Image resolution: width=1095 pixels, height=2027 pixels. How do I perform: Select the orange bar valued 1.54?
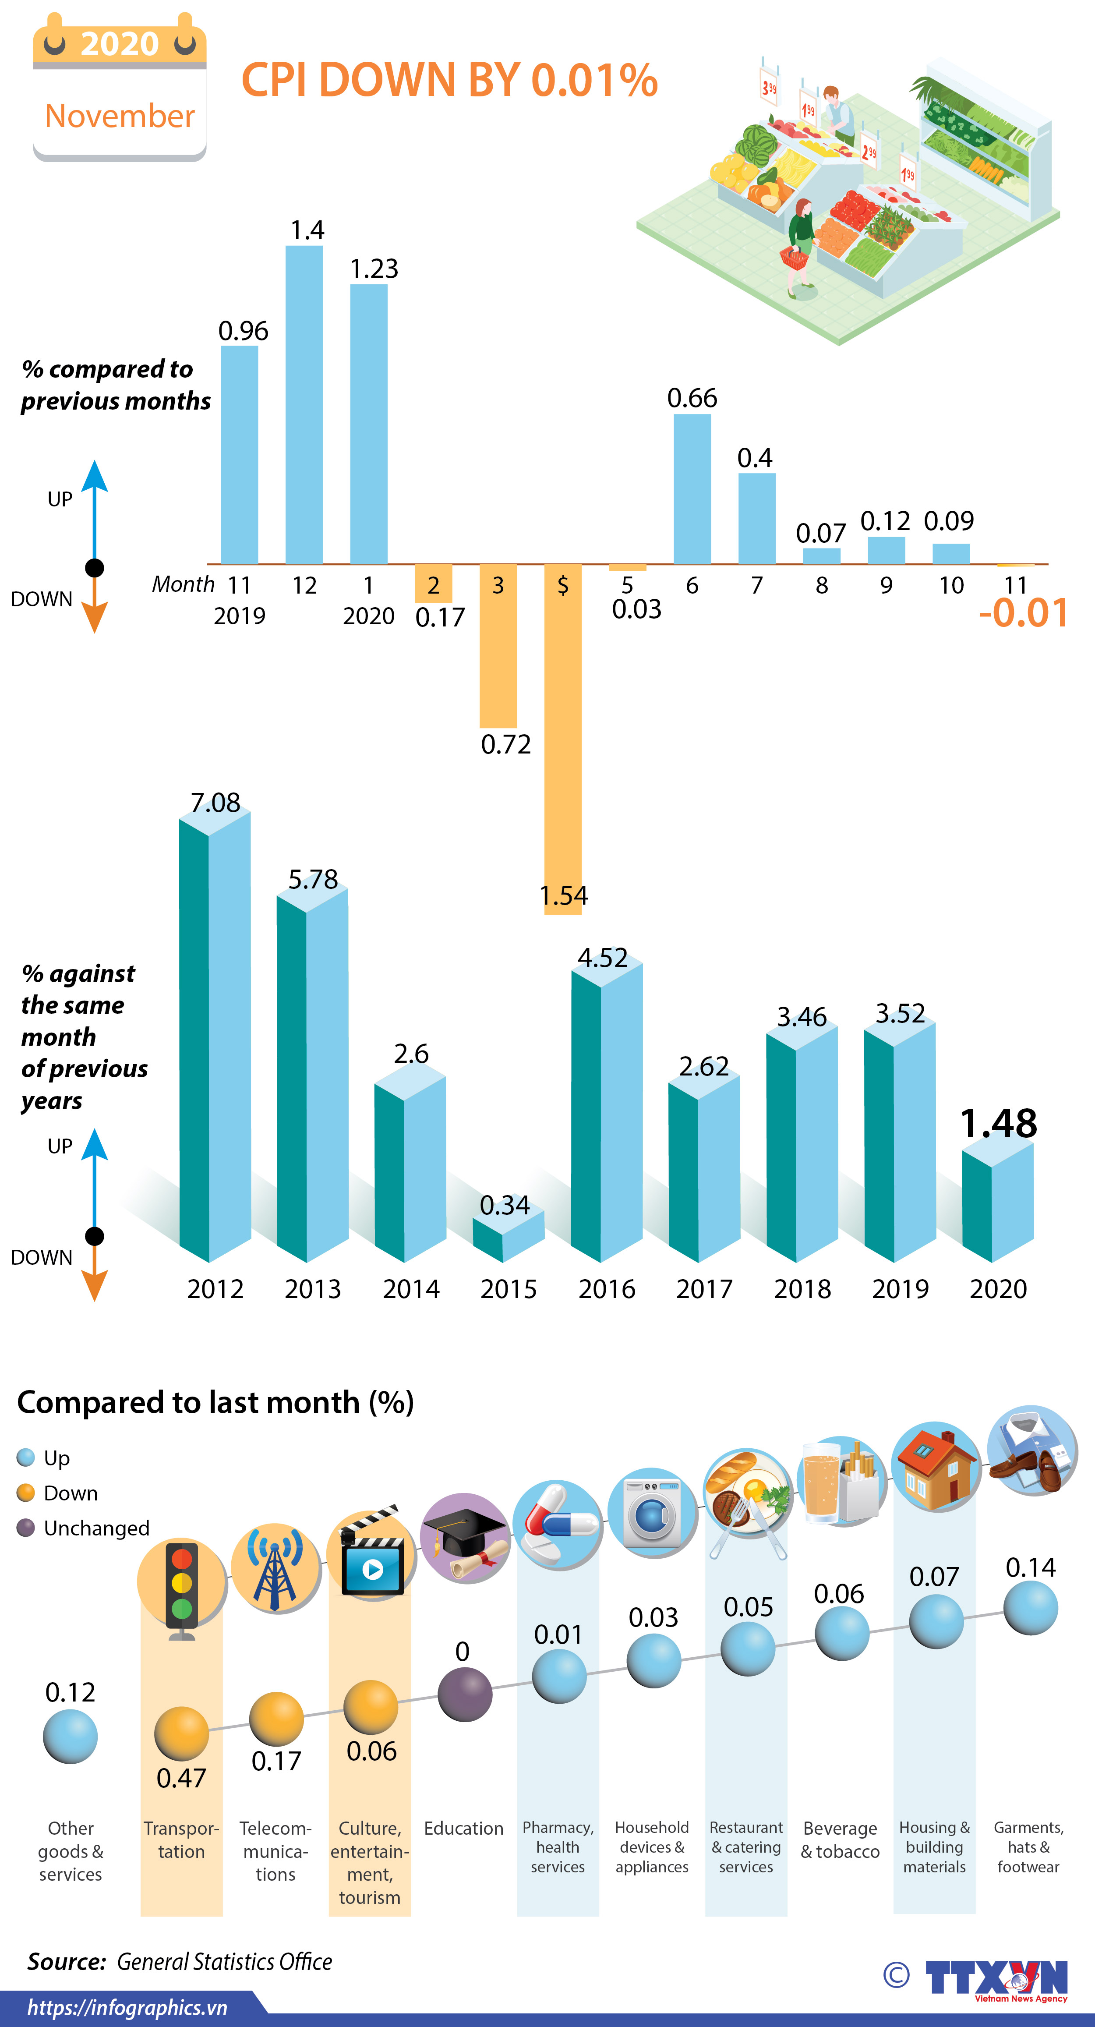(563, 739)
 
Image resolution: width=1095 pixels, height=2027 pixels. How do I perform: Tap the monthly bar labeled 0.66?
(692, 488)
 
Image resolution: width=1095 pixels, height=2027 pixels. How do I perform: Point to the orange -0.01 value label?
(1024, 613)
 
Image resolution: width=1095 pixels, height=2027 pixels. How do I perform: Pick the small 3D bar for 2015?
(508, 1234)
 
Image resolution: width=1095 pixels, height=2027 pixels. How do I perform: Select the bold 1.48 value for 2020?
(998, 1123)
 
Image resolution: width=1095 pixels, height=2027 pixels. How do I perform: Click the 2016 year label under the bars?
(607, 1289)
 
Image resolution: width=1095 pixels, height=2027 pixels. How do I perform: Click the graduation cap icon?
(465, 1539)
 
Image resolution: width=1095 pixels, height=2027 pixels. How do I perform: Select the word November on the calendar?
(120, 116)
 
